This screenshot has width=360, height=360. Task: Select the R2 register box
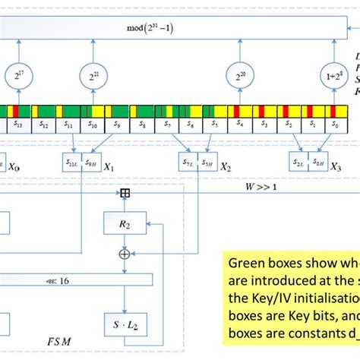click(125, 223)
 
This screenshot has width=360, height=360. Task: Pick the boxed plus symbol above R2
click(125, 193)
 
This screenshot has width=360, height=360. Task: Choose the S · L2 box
click(125, 321)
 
